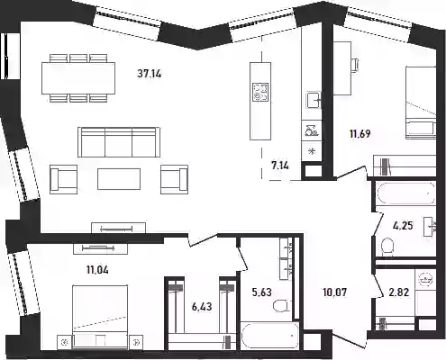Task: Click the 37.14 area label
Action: [x=150, y=73]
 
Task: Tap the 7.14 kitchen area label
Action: [x=280, y=165]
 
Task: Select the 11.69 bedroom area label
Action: [x=360, y=133]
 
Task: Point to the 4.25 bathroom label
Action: [x=403, y=225]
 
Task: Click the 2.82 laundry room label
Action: [x=399, y=292]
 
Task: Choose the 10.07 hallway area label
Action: [x=335, y=292]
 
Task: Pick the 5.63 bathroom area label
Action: [x=262, y=292]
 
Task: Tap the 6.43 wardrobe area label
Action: [x=202, y=307]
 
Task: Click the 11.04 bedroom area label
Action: [x=97, y=270]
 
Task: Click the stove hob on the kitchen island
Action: [x=260, y=92]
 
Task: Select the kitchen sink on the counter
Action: [x=314, y=100]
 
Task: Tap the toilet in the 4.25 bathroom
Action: [x=387, y=247]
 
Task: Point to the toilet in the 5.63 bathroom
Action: [x=282, y=306]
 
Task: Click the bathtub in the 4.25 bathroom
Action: [x=405, y=193]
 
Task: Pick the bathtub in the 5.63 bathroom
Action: [x=270, y=336]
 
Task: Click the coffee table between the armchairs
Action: [x=119, y=179]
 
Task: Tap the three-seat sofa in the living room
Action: [x=119, y=142]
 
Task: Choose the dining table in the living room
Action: [x=78, y=78]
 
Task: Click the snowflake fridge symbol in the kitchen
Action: [x=312, y=151]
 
